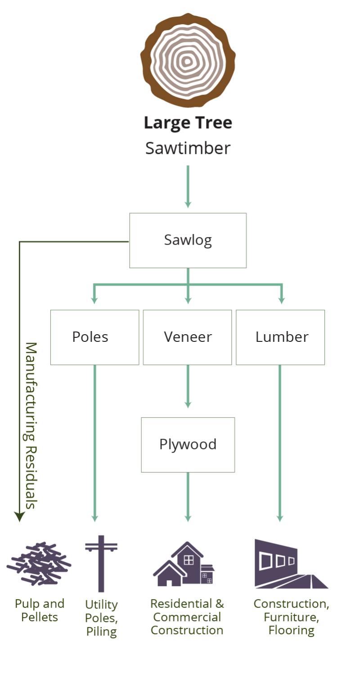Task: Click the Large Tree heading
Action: click(x=188, y=122)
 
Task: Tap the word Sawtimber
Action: click(x=188, y=148)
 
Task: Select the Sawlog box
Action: click(x=188, y=240)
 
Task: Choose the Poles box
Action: click(x=94, y=337)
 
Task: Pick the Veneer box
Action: click(x=188, y=337)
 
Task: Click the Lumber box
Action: click(x=281, y=337)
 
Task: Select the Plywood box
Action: click(x=188, y=444)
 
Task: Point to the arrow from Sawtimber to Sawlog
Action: click(x=188, y=187)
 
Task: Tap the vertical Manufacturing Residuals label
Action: click(x=30, y=425)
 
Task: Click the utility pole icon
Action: click(x=101, y=563)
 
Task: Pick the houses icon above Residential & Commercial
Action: click(x=184, y=564)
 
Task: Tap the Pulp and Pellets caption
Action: click(x=39, y=610)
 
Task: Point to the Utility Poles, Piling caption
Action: click(x=102, y=618)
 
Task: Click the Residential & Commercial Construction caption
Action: click(x=187, y=617)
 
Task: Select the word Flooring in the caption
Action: click(x=291, y=631)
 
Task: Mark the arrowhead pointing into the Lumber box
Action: click(x=282, y=300)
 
